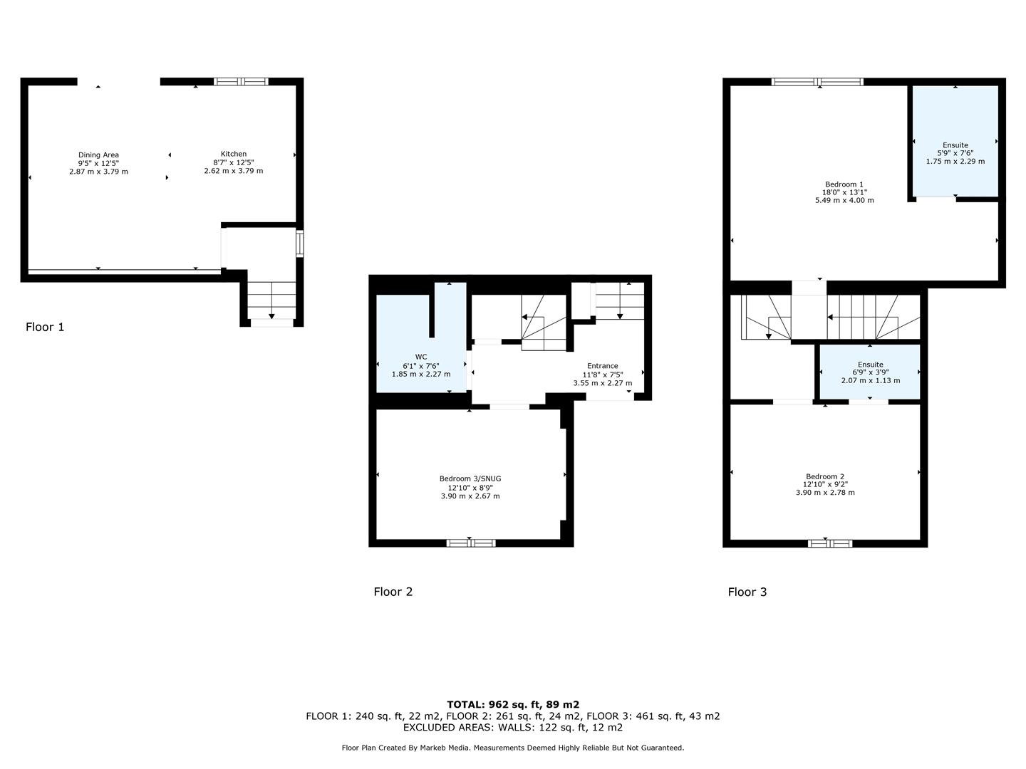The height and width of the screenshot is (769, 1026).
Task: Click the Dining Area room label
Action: [98, 155]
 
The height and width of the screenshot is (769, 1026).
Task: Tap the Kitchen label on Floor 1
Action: [234, 154]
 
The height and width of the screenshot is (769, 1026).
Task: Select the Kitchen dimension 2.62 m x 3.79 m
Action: [234, 171]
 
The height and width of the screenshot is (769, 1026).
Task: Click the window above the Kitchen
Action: [242, 82]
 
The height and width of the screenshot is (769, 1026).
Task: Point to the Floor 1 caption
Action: [45, 327]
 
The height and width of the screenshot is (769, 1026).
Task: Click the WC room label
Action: [421, 357]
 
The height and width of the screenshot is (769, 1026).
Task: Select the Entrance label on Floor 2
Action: [602, 366]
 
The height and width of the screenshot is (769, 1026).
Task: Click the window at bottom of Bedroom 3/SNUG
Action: [470, 543]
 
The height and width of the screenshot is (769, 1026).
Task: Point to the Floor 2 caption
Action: [393, 592]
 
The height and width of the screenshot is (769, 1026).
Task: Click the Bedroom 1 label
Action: [844, 184]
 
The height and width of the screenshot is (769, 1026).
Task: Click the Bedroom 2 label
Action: [825, 476]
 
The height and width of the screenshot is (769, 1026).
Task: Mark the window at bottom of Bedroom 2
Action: [830, 543]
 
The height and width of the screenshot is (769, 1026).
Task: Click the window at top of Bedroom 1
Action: [818, 82]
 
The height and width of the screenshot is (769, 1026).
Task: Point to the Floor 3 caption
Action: [747, 592]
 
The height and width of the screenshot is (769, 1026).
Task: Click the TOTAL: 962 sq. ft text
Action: [513, 705]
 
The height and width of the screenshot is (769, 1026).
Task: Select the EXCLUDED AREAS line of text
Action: [513, 728]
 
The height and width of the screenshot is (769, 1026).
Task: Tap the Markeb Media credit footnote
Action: [513, 748]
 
